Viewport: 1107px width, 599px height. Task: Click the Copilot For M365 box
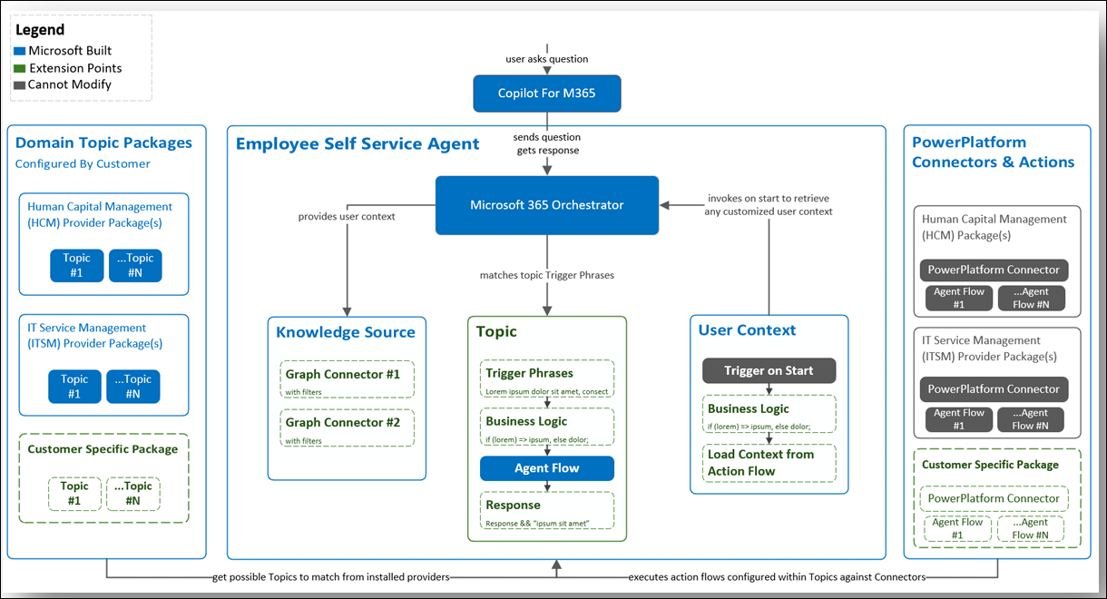[x=546, y=93]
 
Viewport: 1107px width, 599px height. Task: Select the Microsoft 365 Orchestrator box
[x=546, y=205]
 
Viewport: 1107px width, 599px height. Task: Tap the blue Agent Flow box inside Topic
[x=546, y=468]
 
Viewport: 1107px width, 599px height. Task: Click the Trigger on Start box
[x=769, y=370]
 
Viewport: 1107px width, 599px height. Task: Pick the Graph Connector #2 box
[x=347, y=428]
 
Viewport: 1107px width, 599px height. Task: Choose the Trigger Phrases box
[x=546, y=378]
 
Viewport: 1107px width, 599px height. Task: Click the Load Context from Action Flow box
[x=769, y=463]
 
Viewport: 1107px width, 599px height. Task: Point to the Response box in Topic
[x=546, y=511]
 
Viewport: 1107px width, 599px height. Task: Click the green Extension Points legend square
[x=20, y=68]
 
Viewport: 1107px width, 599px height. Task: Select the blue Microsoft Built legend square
[x=20, y=51]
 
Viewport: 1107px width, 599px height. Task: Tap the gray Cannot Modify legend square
[x=20, y=85]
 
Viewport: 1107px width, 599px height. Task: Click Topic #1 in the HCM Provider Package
[x=76, y=265]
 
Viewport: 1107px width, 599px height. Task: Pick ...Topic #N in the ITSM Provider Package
[x=133, y=387]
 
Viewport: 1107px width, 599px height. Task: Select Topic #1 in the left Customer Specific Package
[x=74, y=494]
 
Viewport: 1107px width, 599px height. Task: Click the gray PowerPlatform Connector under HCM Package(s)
[x=994, y=270]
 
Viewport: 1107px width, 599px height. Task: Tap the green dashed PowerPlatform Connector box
[x=994, y=498]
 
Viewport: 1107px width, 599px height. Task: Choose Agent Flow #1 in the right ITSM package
[x=959, y=419]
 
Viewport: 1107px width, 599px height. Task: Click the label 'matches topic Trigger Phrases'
[x=546, y=275]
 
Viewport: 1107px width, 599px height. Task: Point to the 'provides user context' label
[x=347, y=217]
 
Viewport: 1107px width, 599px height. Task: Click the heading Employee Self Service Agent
[x=358, y=143]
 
